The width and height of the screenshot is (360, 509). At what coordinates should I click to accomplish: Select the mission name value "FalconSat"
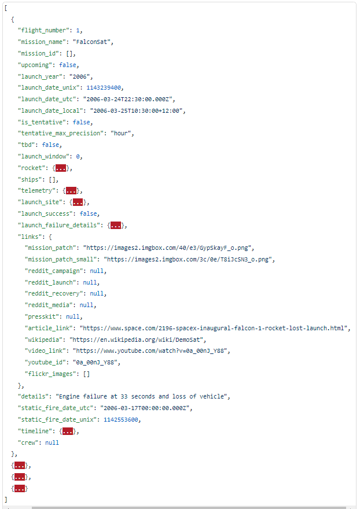tap(93, 42)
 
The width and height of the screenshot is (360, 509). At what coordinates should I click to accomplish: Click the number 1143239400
tap(104, 88)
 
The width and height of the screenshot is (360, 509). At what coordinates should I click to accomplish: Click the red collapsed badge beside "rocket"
tap(60, 168)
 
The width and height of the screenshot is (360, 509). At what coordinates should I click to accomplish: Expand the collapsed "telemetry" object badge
tap(71, 191)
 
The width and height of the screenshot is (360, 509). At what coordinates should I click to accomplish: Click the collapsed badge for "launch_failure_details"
tap(116, 225)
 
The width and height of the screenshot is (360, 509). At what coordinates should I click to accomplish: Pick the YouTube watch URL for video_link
tap(152, 351)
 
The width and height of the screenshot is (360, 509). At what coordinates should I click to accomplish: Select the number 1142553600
tap(122, 420)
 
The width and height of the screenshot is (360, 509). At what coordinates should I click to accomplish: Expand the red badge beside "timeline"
tap(68, 431)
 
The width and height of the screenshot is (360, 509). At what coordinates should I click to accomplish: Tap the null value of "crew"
tap(52, 442)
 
